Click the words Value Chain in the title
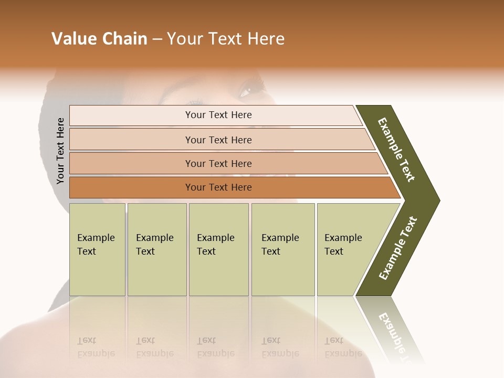point(99,39)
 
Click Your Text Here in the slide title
point(226,39)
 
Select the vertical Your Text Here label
point(60,151)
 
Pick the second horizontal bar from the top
point(218,140)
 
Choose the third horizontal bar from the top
point(218,163)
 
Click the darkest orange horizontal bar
point(218,187)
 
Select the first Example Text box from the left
point(97,249)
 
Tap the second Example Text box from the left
point(156,249)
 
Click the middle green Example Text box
point(218,249)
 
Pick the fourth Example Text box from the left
point(283,249)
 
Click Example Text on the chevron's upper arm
point(396,150)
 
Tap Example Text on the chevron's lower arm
point(398,248)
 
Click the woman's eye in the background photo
point(246,90)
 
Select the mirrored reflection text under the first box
point(96,347)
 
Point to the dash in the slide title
point(157,39)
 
